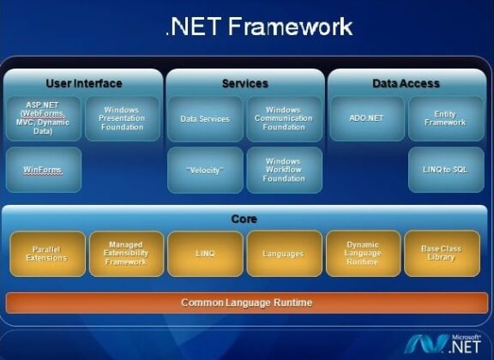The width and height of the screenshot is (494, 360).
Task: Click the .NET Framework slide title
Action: (x=258, y=27)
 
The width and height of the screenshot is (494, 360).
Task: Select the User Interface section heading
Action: (x=83, y=83)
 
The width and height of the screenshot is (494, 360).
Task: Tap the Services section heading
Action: (x=244, y=83)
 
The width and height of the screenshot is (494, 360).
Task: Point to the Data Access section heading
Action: (x=406, y=83)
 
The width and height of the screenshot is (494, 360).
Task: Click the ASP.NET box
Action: (x=43, y=118)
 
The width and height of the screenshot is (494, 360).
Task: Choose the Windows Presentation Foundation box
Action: (x=121, y=118)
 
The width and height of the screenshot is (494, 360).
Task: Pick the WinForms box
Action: (x=43, y=170)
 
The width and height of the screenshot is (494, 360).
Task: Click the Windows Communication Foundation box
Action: (x=283, y=118)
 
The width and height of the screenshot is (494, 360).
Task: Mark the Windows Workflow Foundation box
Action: (x=283, y=170)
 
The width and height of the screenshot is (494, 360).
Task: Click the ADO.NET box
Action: (x=366, y=119)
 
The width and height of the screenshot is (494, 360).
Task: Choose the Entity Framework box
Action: (x=444, y=118)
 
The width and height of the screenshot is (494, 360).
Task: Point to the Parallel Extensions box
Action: (x=47, y=254)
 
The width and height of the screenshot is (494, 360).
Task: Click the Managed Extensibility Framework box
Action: (x=125, y=254)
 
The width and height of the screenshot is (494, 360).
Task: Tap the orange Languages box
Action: (x=283, y=254)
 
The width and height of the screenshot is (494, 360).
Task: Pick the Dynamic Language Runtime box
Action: (x=362, y=254)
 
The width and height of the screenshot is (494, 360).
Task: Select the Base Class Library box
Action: (x=441, y=254)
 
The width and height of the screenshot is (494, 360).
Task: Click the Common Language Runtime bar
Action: (x=246, y=303)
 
